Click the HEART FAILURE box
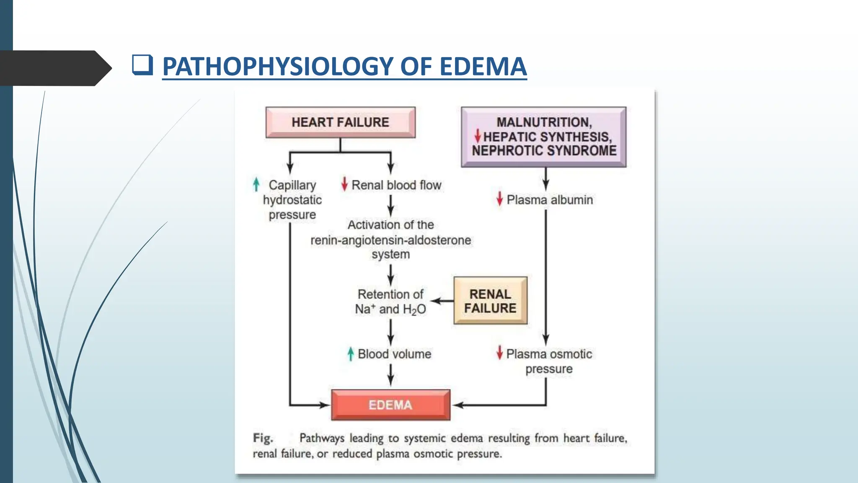tap(340, 122)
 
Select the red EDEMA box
tap(390, 405)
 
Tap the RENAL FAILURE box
tap(490, 301)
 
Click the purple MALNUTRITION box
tap(544, 137)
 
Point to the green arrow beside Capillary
tap(256, 184)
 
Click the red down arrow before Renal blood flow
tap(344, 184)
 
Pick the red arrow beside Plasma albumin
tap(499, 199)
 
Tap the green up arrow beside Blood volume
tap(351, 354)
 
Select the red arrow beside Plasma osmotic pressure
tap(499, 353)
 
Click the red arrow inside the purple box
tap(477, 136)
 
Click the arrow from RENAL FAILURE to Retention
tap(442, 301)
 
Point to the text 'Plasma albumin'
tap(550, 200)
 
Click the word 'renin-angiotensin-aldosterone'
tap(390, 240)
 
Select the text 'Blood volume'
tap(394, 354)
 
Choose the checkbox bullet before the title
tap(142, 65)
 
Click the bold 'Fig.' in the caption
tap(263, 438)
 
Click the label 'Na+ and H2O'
tap(390, 309)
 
